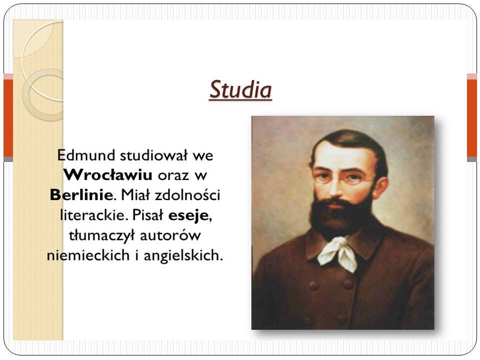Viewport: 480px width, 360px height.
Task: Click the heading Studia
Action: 240,89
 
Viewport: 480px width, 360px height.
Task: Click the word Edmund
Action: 86,155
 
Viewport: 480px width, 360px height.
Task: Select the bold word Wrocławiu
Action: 108,175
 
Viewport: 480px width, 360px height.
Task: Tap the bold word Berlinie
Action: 81,195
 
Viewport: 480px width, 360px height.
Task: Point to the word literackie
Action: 93,215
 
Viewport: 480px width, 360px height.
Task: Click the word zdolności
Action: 187,195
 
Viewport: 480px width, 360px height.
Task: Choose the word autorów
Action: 170,235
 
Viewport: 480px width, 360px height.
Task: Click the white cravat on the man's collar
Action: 338,253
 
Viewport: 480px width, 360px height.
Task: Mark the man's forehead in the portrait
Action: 343,156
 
